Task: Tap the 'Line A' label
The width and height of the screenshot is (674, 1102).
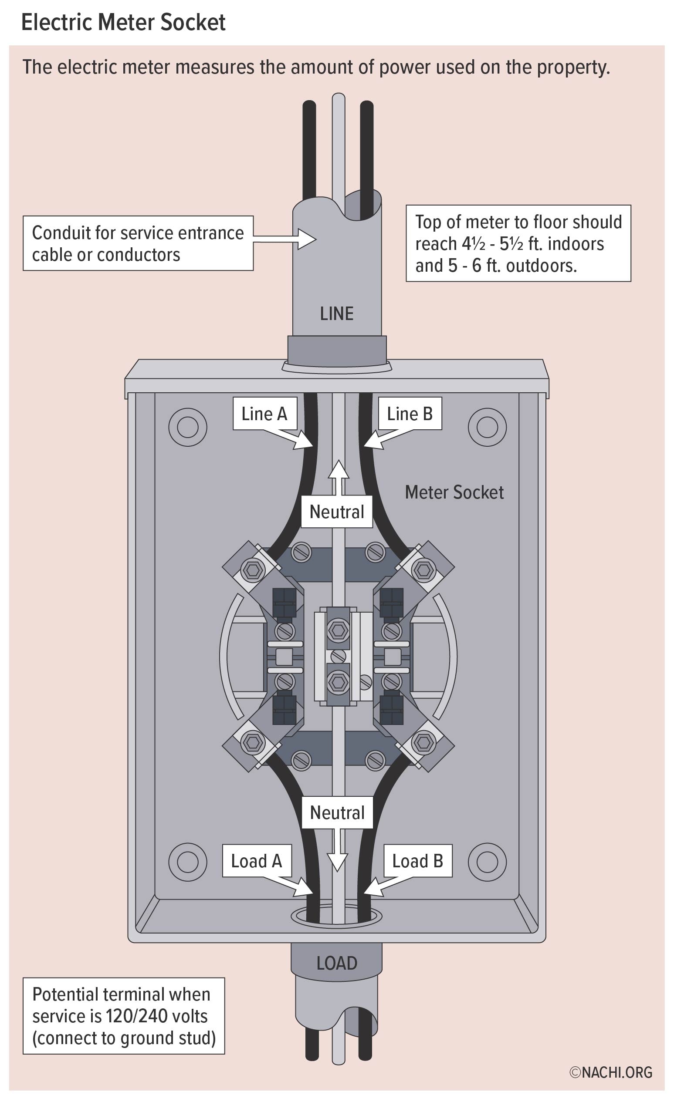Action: click(264, 414)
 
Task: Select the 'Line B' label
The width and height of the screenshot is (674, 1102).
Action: click(410, 414)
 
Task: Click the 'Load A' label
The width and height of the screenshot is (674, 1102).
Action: click(257, 861)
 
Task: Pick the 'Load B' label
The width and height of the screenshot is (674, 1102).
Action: click(417, 861)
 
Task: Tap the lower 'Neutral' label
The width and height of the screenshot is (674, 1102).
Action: click(337, 812)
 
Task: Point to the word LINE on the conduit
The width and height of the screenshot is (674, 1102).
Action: click(336, 313)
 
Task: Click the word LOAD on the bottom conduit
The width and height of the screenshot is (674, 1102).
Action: click(336, 963)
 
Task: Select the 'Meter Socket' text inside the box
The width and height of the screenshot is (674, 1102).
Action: click(454, 492)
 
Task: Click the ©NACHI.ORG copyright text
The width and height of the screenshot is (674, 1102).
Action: click(610, 1072)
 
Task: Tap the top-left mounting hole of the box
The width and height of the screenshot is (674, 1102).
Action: click(187, 427)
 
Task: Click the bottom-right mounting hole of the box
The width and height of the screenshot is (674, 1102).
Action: click(487, 861)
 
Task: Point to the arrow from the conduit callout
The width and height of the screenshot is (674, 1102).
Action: click(286, 239)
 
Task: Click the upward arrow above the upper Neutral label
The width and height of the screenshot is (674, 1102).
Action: click(339, 476)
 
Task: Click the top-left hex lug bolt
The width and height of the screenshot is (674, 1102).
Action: click(253, 570)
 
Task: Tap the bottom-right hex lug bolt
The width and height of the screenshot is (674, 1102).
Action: click(423, 743)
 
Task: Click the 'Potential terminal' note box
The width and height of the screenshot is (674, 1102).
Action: click(124, 1016)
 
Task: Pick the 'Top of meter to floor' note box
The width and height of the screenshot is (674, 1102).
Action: click(518, 243)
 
